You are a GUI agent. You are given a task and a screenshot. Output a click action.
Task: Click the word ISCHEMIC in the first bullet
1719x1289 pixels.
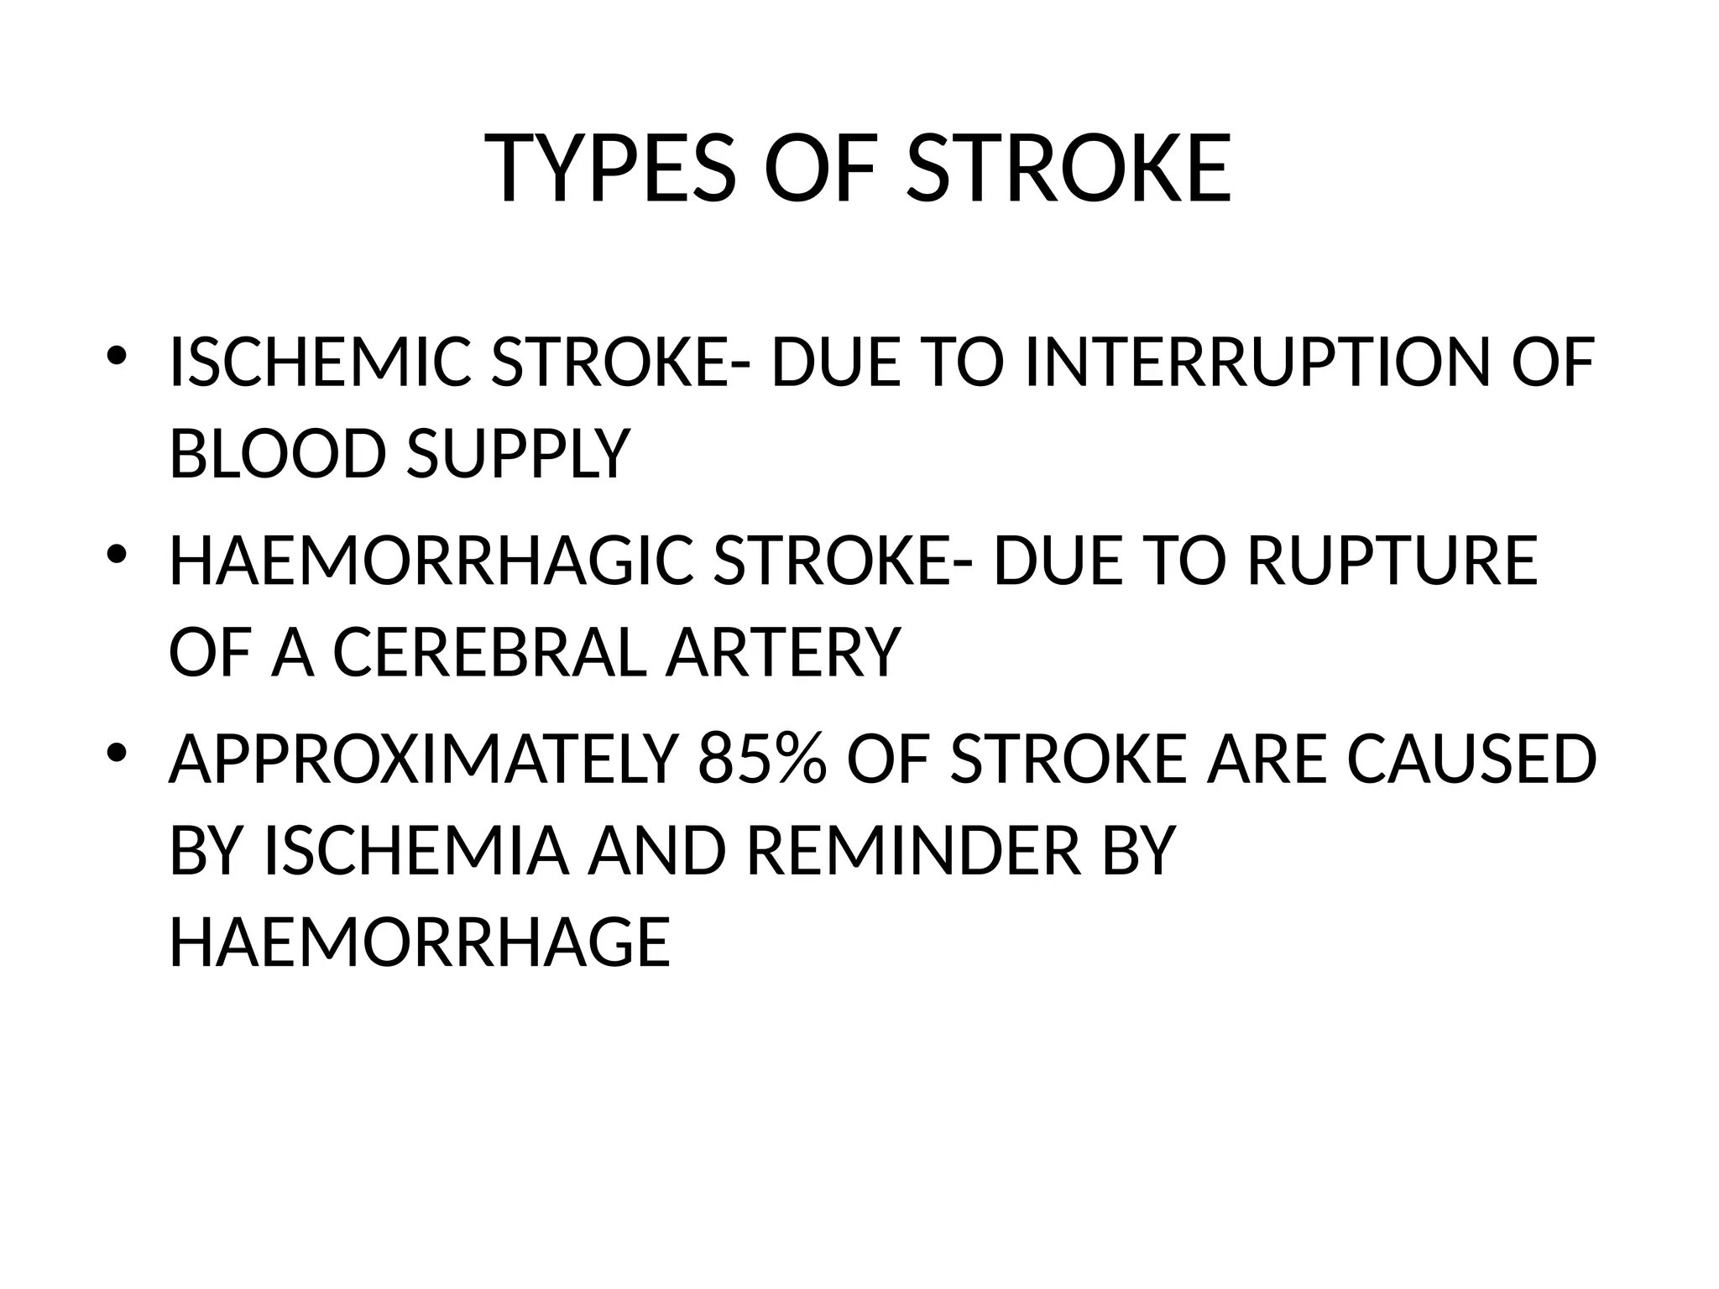tap(320, 363)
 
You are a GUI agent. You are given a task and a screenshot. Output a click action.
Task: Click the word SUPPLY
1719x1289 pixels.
tap(518, 454)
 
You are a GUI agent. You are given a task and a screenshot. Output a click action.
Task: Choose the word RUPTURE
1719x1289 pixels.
tap(1392, 561)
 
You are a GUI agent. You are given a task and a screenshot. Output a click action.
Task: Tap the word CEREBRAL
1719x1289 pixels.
tap(490, 653)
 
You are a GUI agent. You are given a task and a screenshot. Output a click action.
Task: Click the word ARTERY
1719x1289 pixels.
tap(782, 653)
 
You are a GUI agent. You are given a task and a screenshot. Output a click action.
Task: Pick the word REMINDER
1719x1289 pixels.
tap(913, 850)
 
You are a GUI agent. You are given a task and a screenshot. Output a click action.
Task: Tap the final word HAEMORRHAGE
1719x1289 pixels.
tap(420, 942)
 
